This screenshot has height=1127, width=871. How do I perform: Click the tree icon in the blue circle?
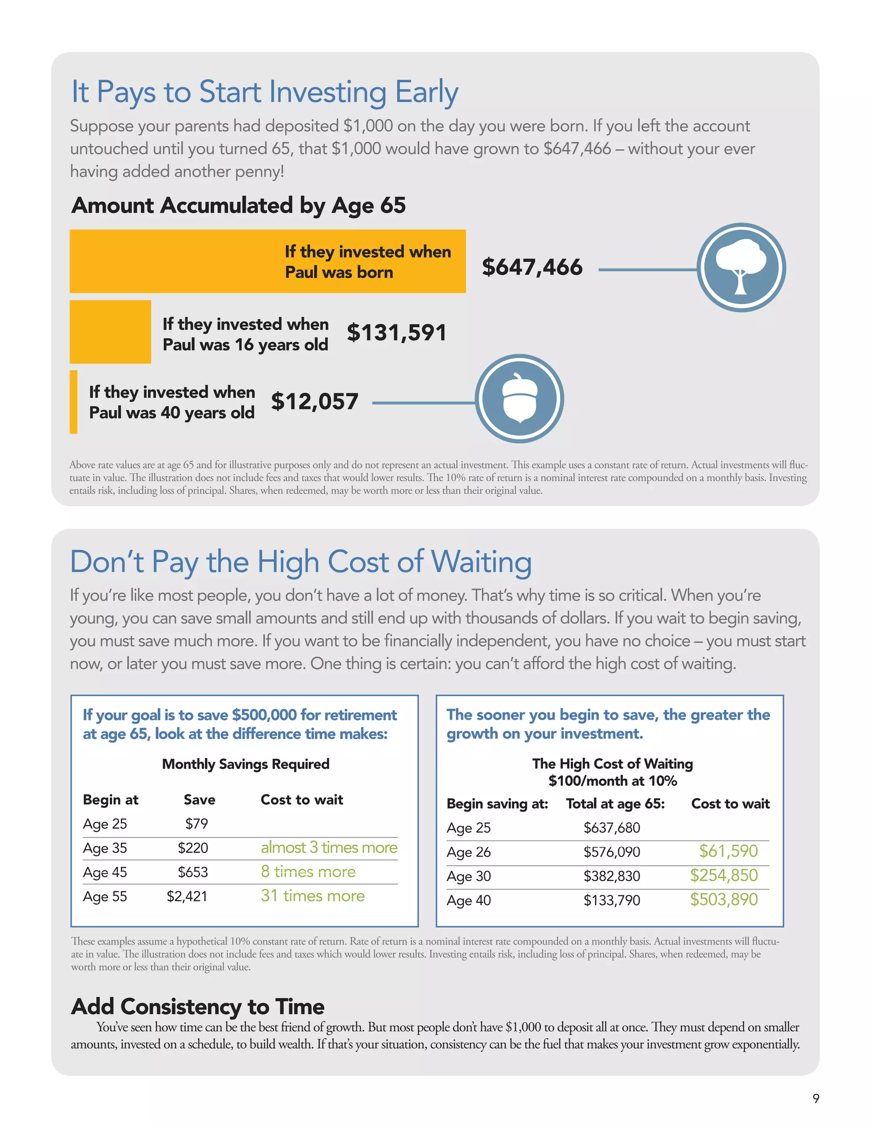coord(741,268)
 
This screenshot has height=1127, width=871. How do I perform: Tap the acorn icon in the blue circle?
coord(519,398)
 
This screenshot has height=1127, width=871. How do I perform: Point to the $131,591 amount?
coord(396,332)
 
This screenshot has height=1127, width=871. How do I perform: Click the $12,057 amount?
coord(314,401)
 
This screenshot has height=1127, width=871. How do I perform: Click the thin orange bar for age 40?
coord(74,402)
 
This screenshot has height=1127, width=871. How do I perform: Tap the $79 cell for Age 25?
coord(196,824)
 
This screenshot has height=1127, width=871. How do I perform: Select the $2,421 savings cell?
coord(187,896)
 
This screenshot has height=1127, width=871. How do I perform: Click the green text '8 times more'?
coord(308,871)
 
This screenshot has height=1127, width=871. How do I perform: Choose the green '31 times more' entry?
coord(313,896)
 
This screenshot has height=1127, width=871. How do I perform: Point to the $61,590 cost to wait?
coord(728,851)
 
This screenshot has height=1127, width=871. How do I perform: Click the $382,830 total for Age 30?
coord(612,876)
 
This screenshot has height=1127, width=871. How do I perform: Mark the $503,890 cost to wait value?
coord(724,899)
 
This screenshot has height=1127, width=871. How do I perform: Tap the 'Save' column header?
coord(199,800)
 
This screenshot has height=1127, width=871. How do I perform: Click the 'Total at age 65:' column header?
coord(615,804)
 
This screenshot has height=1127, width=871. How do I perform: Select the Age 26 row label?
coord(469,852)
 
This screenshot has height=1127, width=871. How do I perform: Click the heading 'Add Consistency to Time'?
coord(198,1007)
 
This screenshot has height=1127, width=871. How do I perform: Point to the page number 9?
coord(816,1098)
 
